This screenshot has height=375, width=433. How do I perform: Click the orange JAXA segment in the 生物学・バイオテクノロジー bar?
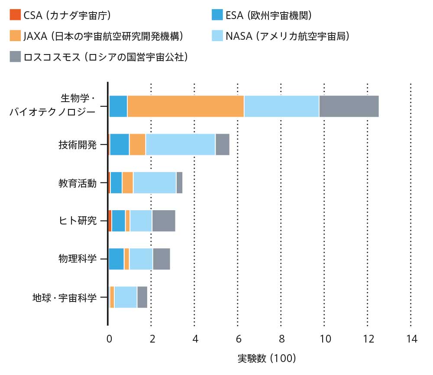pos(185,106)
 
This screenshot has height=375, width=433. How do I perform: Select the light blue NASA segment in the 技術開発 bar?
pos(180,144)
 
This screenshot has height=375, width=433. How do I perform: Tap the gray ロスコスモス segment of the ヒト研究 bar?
pos(163,221)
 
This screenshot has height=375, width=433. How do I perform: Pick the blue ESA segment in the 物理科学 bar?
pos(116,259)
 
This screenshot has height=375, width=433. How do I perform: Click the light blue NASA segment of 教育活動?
pos(155,183)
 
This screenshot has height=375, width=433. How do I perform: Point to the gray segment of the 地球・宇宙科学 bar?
pos(142,297)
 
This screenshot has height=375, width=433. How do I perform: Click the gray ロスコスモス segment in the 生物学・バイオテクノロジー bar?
pos(349,106)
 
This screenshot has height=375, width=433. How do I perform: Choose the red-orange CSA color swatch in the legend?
pos(15,16)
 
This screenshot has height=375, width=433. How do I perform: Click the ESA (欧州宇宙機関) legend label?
pos(268,16)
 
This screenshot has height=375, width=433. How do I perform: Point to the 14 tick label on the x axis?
pos(411,339)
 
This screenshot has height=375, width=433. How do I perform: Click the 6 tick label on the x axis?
pos(238,339)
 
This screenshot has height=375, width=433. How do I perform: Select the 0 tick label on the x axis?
pos(109,339)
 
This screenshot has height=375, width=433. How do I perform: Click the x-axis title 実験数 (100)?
pos(266,358)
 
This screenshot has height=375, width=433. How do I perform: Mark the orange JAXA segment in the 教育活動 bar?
pos(127,183)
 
